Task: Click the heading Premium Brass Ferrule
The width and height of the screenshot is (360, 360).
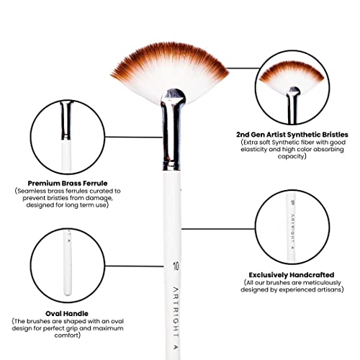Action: (68, 184)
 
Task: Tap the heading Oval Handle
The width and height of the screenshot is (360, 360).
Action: (67, 313)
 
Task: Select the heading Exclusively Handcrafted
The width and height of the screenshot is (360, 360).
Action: (292, 275)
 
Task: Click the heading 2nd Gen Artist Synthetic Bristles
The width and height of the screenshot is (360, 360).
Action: (292, 135)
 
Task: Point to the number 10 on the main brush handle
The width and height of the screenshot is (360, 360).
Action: (176, 266)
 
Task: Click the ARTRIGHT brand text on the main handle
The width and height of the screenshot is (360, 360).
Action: (176, 318)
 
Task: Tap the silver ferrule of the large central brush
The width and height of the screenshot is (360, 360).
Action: (172, 130)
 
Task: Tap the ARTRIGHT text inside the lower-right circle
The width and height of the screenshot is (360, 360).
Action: (292, 233)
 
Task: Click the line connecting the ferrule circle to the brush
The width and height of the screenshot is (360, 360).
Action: (133, 137)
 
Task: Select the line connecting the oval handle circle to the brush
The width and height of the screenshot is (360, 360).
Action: (134, 266)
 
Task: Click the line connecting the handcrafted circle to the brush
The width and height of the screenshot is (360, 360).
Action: (218, 229)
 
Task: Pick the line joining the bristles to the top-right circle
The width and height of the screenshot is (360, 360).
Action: (243, 68)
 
